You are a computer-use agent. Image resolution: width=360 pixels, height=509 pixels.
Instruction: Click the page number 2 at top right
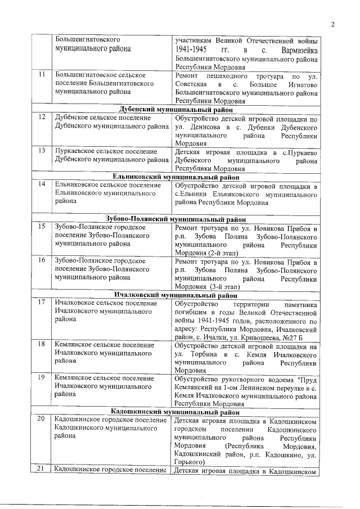[332, 24]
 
